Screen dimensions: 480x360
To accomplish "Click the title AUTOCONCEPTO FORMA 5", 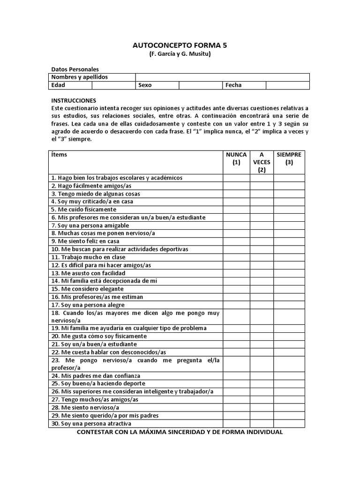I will (180, 45).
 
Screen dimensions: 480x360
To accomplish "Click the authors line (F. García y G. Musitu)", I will (180, 54).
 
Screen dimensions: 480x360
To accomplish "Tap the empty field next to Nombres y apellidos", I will (222, 77).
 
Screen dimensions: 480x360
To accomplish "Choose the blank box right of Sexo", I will (200, 85).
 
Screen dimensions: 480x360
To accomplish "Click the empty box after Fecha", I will (287, 85).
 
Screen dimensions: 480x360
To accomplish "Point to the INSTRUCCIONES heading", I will (74, 100).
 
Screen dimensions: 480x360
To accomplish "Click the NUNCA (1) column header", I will (236, 158).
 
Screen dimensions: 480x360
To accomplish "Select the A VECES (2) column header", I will (262, 162).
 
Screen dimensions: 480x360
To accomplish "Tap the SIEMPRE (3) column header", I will (289, 158).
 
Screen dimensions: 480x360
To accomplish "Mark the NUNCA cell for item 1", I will (236, 178).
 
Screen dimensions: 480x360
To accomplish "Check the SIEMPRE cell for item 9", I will (289, 241).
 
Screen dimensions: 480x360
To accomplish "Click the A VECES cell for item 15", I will (262, 289).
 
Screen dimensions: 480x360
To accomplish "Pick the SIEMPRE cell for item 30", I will (289, 424).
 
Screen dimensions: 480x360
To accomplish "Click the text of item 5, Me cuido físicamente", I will (84, 210).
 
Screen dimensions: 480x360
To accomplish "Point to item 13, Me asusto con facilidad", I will (88, 273).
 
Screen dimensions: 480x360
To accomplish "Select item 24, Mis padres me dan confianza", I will (96, 376).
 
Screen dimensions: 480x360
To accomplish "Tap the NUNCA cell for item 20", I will (236, 336).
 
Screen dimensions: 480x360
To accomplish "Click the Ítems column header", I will (59, 154).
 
